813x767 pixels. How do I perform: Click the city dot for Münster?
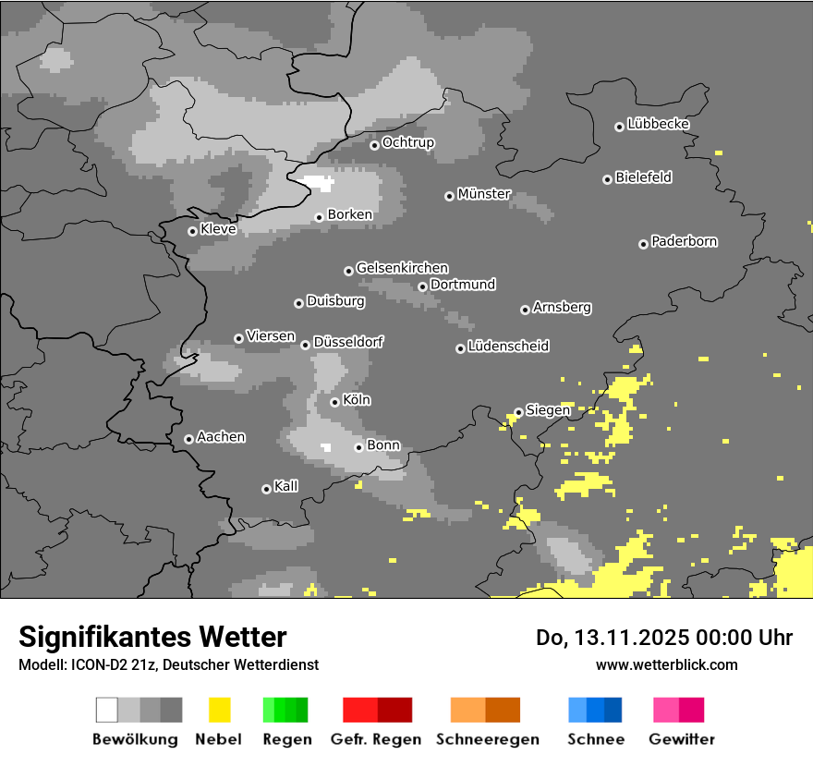point(449,196)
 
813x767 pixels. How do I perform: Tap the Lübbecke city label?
point(658,124)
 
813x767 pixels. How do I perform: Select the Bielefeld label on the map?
point(643,177)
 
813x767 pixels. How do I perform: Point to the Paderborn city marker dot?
point(643,244)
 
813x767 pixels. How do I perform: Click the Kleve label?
point(218,229)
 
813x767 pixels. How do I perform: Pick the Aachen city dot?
point(188,439)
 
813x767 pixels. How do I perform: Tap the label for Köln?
point(356,400)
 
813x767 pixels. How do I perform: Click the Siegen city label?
point(548,410)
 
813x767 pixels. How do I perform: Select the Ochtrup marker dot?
point(374,144)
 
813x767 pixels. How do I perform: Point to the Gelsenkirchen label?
point(402,268)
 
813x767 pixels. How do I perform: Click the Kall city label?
point(285,486)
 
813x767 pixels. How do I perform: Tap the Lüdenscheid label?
point(508,347)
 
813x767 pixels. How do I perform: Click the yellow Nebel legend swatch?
point(219,710)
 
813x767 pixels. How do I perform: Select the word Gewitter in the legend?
point(681,739)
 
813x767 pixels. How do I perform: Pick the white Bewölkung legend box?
point(107,710)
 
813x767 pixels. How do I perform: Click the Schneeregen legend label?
point(487,739)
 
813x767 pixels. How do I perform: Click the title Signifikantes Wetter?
point(152,637)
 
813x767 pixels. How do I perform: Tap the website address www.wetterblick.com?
point(666,664)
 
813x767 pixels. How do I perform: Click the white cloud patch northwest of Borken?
point(316,182)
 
